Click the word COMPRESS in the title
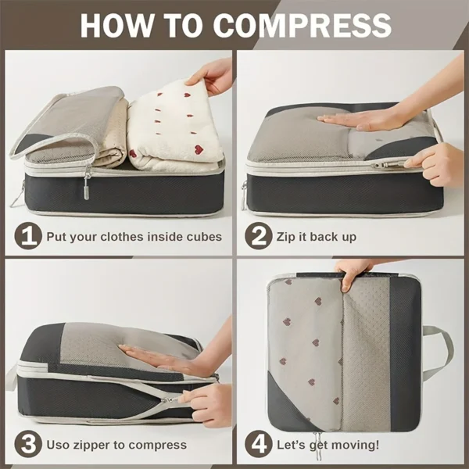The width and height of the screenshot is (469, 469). (302, 25)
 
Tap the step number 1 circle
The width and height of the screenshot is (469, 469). (28, 236)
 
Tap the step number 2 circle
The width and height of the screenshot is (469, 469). (259, 236)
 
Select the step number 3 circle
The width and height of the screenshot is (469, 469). (28, 445)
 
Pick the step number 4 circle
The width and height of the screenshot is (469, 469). (259, 445)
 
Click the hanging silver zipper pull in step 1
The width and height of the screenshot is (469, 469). (87, 184)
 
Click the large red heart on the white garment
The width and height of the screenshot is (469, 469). (198, 149)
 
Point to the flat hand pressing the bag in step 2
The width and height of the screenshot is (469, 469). (359, 120)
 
